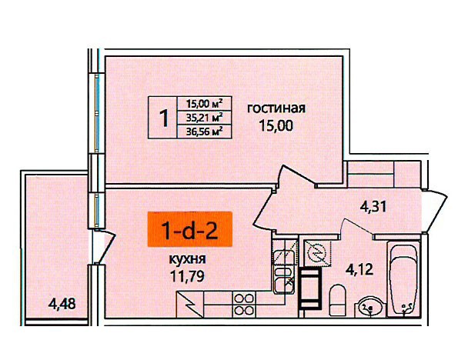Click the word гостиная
[x=276, y=108]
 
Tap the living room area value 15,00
[x=276, y=125]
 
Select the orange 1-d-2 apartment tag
[x=190, y=229]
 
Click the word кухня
[x=188, y=259]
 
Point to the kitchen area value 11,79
[x=187, y=276]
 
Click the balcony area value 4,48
[x=62, y=304]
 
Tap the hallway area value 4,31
[x=373, y=207]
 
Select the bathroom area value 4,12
[x=359, y=270]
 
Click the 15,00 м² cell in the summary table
[x=205, y=104]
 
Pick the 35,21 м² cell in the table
[x=205, y=118]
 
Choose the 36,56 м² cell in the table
[x=205, y=132]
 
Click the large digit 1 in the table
[x=164, y=118]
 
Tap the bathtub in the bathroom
[x=403, y=279]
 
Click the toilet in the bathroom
[x=337, y=300]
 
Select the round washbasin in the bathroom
[x=369, y=306]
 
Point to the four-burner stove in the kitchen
[x=244, y=304]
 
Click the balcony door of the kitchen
[x=104, y=247]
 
